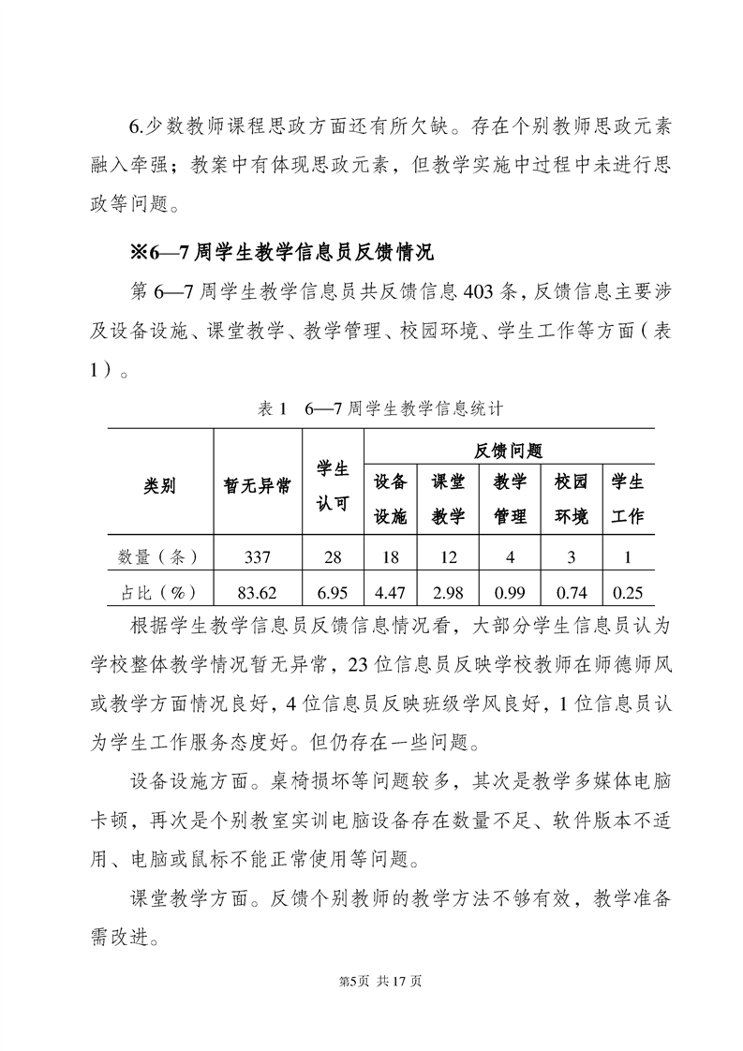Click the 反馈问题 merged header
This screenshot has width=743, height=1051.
click(509, 451)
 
